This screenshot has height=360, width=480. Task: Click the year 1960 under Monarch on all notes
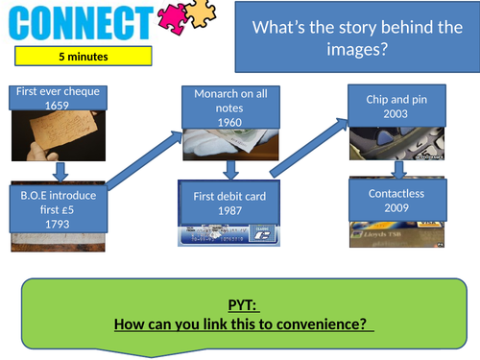230,123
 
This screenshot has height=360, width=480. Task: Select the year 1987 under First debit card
230,211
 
